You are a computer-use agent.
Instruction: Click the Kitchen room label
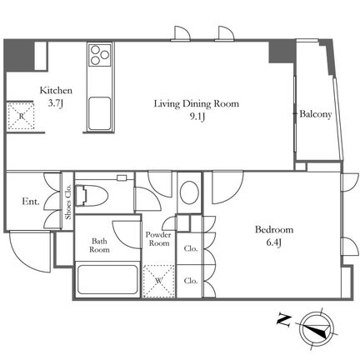pyautogui.click(x=56, y=91)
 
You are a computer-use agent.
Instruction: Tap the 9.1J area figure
pyautogui.click(x=197, y=117)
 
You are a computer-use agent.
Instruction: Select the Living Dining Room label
pyautogui.click(x=197, y=104)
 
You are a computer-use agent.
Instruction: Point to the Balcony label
pyautogui.click(x=316, y=114)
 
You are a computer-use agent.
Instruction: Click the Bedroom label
pyautogui.click(x=274, y=230)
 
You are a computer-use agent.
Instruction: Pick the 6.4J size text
pyautogui.click(x=274, y=242)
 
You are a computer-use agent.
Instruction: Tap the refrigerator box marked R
pyautogui.click(x=21, y=116)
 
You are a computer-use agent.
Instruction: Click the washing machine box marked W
pyautogui.click(x=159, y=281)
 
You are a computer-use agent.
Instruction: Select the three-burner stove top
pyautogui.click(x=100, y=55)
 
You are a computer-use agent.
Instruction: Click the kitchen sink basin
pyautogui.click(x=99, y=112)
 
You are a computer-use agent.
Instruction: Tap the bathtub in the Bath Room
pyautogui.click(x=107, y=279)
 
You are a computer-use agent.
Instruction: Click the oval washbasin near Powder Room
pyautogui.click(x=189, y=193)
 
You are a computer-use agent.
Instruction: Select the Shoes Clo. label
pyautogui.click(x=68, y=202)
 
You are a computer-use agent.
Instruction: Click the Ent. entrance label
pyautogui.click(x=31, y=202)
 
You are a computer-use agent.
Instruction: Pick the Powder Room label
pyautogui.click(x=158, y=239)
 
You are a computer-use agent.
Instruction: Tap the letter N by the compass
pyautogui.click(x=284, y=320)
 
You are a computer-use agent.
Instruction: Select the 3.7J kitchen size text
pyautogui.click(x=56, y=103)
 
